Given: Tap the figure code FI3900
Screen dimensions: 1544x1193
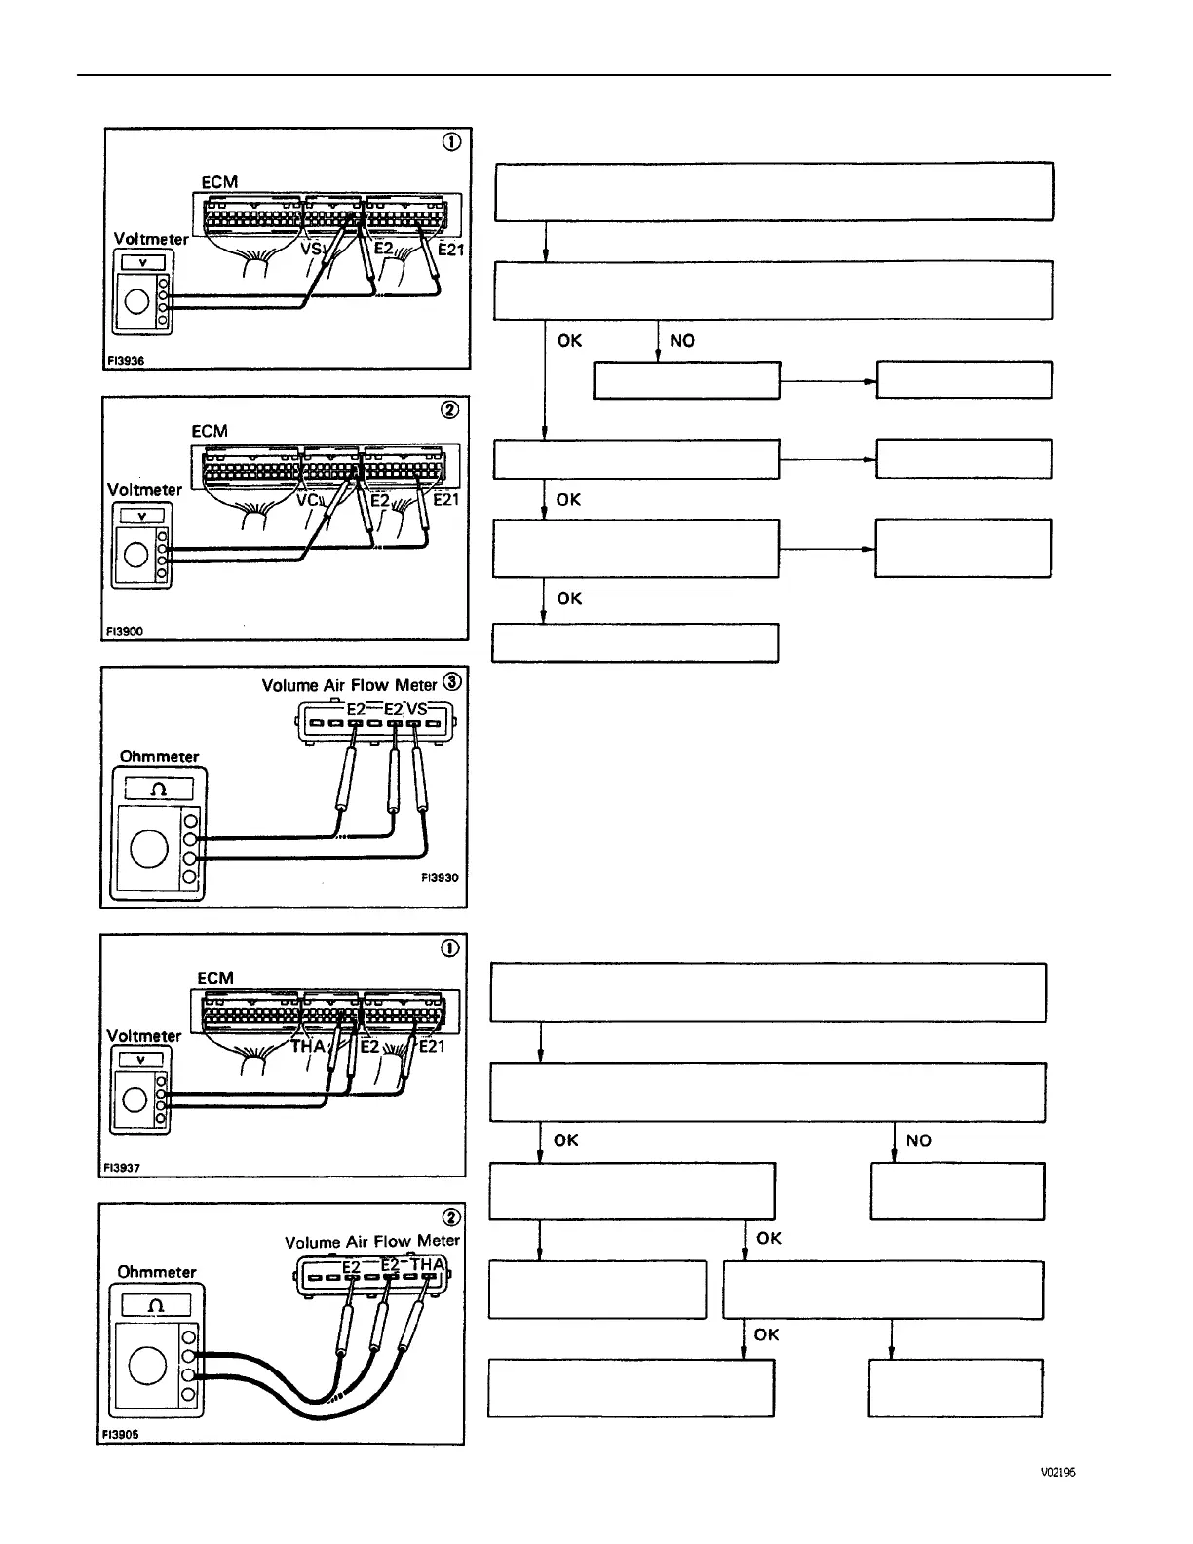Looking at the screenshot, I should tap(124, 631).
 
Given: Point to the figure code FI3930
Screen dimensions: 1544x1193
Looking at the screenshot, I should tap(439, 877).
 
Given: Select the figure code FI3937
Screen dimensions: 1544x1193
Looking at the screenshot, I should tap(122, 1167).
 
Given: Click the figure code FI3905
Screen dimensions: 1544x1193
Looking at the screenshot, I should tap(121, 1434).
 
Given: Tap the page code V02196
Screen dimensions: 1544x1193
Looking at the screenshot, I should tap(1057, 1473).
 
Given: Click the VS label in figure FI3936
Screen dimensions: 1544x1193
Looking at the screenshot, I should tap(310, 249).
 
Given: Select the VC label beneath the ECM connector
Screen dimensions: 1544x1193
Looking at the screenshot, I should tap(308, 499).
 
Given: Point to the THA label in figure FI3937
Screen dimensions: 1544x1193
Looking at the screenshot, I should tap(308, 1046).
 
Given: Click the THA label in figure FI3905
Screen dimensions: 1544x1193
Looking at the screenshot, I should tap(428, 1265).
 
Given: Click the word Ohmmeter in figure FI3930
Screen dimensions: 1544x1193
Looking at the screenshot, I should tap(159, 756).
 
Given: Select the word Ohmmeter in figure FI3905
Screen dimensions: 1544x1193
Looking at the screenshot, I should tap(156, 1271).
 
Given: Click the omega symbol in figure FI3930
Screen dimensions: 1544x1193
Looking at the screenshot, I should tap(159, 788).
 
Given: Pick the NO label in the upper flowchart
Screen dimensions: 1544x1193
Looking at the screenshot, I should tap(681, 340).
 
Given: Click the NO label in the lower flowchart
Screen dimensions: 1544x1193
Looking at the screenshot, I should tap(917, 1140).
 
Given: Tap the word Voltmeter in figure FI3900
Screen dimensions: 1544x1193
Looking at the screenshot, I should tap(144, 489).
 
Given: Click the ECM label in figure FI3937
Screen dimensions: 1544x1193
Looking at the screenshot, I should tap(214, 977).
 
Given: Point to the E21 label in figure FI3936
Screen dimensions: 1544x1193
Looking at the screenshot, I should tap(450, 250).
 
